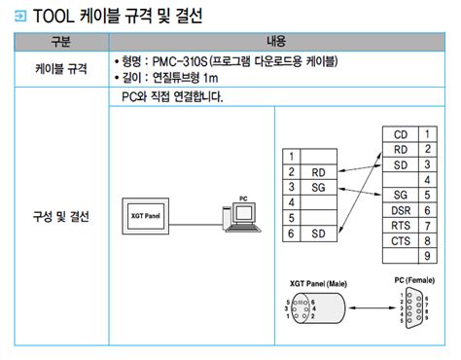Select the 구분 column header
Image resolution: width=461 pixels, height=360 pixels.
(x=60, y=43)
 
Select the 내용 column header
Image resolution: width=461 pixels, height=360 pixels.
(x=277, y=43)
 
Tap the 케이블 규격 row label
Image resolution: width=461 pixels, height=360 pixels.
(x=60, y=69)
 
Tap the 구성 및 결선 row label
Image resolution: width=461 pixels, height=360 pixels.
(x=60, y=215)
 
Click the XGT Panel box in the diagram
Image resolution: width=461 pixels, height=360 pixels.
(x=143, y=215)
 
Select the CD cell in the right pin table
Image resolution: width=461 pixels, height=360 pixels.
(x=400, y=133)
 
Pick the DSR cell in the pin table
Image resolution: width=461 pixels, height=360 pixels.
(x=400, y=210)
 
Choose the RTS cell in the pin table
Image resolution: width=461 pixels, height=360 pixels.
(x=400, y=226)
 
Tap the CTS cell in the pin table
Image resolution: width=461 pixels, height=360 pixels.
(x=400, y=241)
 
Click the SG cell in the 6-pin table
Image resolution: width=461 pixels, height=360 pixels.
(x=318, y=186)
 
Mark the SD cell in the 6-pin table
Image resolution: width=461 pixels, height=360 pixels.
(x=318, y=234)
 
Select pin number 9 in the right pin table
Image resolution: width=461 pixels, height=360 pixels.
(x=426, y=257)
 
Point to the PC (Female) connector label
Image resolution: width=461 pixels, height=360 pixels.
(x=413, y=280)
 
